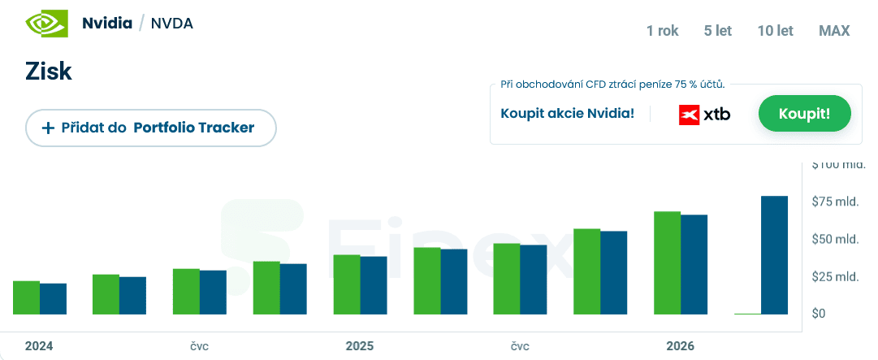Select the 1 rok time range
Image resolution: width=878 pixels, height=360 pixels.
click(662, 31)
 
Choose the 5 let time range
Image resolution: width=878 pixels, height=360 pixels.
click(718, 31)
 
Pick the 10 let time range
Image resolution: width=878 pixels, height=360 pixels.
click(775, 31)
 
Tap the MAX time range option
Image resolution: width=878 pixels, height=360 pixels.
click(834, 31)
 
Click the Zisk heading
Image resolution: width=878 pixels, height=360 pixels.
click(49, 72)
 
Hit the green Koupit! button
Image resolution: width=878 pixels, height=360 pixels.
click(804, 113)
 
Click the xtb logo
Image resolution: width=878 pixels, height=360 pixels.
click(704, 115)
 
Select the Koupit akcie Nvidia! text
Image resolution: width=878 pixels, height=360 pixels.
click(568, 113)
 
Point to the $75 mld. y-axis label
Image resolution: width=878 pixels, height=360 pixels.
click(836, 202)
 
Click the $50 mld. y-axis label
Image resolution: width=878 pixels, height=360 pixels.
click(836, 239)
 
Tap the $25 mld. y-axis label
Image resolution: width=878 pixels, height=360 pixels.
click(836, 276)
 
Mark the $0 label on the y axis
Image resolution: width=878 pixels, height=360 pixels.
click(820, 314)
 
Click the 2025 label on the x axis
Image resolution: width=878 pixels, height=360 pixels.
click(360, 346)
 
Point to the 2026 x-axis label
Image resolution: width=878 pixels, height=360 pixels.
click(681, 346)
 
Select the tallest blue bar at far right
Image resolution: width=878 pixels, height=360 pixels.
click(774, 255)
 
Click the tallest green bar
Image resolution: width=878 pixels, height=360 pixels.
click(667, 262)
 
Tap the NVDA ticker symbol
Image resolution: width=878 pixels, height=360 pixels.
click(172, 23)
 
